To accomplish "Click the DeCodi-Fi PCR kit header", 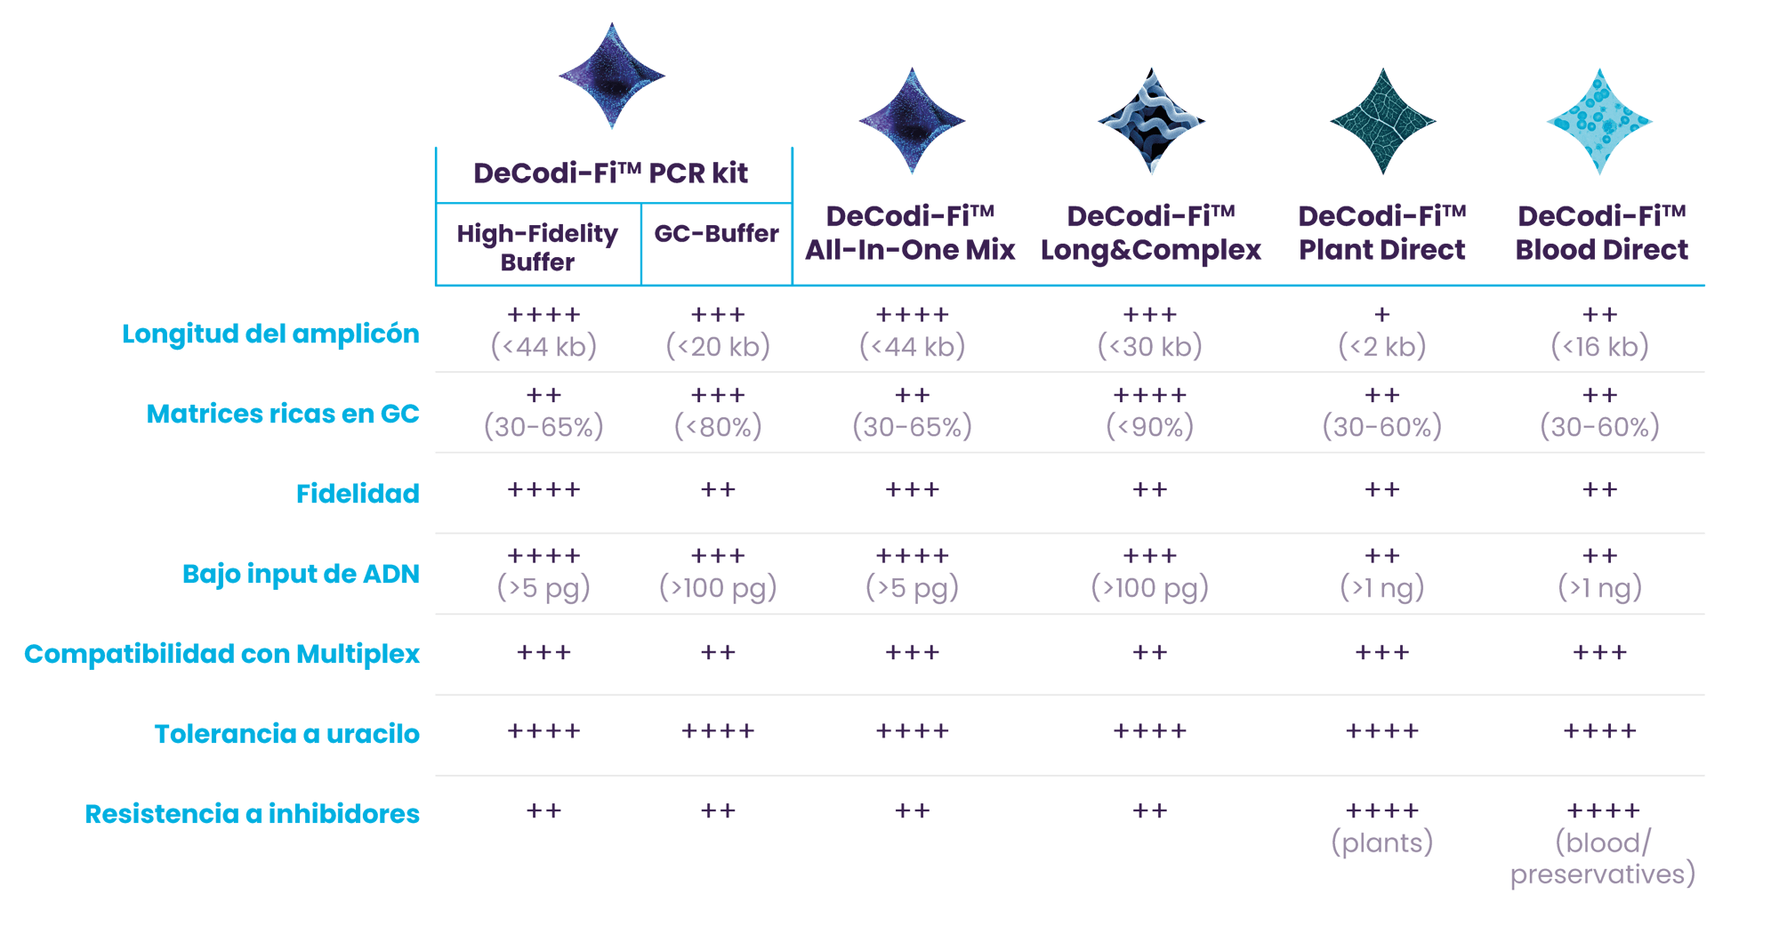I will (610, 173).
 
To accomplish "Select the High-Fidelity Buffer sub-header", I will (537, 247).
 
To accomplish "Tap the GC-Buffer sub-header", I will (716, 234).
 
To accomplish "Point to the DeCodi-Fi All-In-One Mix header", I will (910, 233).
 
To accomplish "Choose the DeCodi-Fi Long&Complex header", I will (1151, 233).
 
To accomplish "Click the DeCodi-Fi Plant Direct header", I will (1381, 233).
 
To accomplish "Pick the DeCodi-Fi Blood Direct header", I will (1601, 233).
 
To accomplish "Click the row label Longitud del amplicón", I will (270, 334).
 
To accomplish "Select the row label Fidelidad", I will (358, 494).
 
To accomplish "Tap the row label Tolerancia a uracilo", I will (286, 734).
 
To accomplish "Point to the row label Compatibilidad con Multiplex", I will (222, 654).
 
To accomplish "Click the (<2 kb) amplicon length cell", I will (1381, 346).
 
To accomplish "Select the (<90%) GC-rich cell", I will (1149, 427).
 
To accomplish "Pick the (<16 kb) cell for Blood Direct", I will (1599, 346).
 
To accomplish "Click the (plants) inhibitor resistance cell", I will (1381, 842).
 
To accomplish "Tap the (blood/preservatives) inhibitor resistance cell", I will (1602, 858).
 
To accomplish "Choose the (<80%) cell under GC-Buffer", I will (718, 427).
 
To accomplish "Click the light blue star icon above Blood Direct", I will (1599, 122).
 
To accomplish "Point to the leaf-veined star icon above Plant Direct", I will (1382, 122).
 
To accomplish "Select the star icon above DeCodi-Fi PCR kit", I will (612, 77).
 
